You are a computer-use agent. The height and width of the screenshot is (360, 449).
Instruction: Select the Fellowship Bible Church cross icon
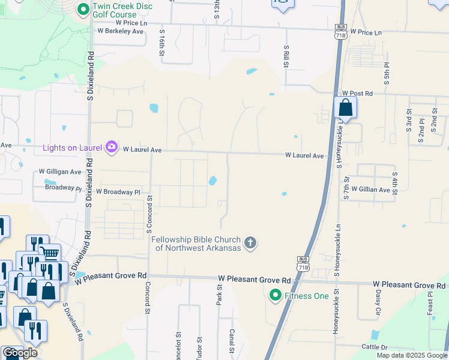coord(250,243)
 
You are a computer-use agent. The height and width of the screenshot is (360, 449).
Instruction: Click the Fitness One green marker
coord(276,295)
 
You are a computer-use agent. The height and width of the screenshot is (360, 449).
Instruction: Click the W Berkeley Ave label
coord(121,31)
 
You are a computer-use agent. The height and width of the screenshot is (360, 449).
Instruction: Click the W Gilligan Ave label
coord(60,172)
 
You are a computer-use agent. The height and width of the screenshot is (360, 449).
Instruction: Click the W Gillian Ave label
coord(371,189)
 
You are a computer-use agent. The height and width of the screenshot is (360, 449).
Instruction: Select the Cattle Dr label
coord(375,347)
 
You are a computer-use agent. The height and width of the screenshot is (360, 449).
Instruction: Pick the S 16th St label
coord(162,46)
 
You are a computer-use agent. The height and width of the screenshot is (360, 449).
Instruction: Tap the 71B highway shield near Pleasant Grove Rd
coord(303,262)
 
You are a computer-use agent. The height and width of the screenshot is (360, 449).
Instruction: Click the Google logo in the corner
coord(19,353)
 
